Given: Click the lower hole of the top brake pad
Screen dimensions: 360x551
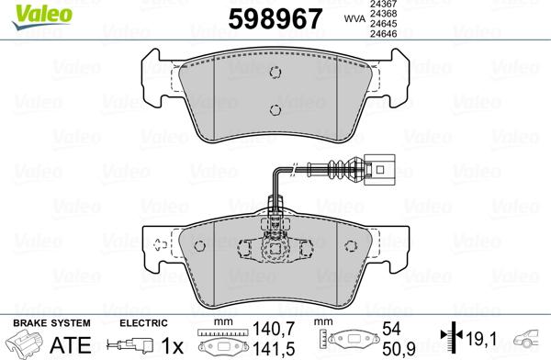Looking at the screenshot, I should coord(275,110).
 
